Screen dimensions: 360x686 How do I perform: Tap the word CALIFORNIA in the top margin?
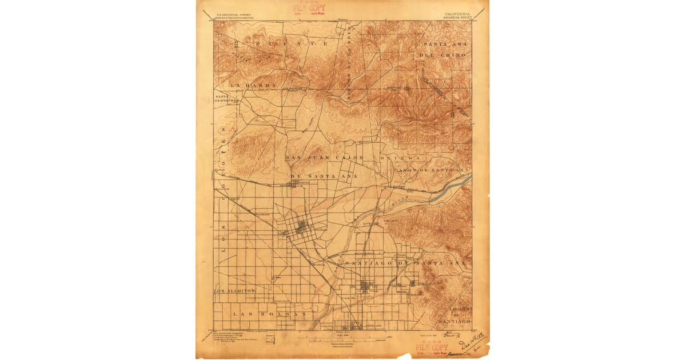[456, 13]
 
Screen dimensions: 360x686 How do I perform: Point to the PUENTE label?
[293, 43]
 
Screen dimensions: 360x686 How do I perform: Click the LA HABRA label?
[253, 85]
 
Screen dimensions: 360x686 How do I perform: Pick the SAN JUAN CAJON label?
[325, 157]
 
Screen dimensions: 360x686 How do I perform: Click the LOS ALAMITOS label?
[234, 291]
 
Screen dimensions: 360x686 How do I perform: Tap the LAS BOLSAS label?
[269, 314]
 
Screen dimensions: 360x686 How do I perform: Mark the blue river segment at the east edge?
[449, 190]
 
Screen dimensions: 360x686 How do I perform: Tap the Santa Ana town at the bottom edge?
[354, 327]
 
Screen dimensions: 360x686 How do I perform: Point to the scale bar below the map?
[343, 338]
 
